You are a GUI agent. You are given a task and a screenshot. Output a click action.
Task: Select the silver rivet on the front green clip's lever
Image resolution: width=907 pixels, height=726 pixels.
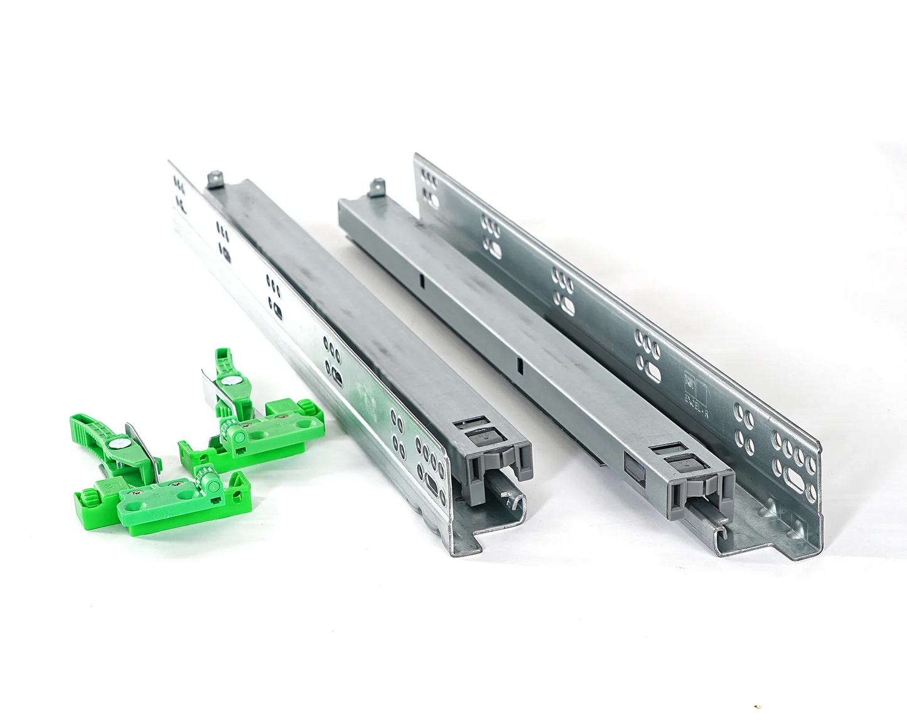point(115,443)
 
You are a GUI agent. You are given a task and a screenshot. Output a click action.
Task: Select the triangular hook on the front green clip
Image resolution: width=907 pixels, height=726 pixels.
point(238,481)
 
